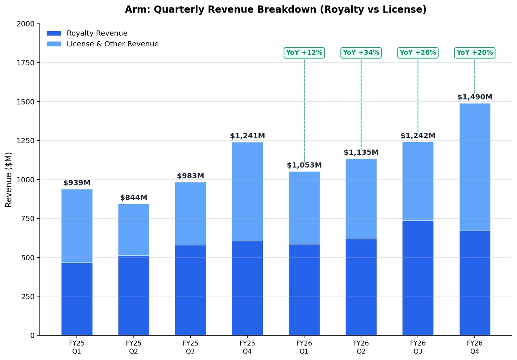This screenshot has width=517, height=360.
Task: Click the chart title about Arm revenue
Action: (x=276, y=10)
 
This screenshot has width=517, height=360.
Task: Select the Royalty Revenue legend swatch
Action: (x=54, y=33)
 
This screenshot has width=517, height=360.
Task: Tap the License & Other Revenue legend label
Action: (x=113, y=44)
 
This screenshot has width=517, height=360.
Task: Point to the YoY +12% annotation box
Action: (x=304, y=53)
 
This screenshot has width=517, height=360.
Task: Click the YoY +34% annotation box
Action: (x=361, y=53)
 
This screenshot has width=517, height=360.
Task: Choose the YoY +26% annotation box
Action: (x=418, y=53)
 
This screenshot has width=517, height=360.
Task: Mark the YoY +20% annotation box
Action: (x=475, y=53)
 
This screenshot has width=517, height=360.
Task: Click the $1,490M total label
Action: (x=475, y=97)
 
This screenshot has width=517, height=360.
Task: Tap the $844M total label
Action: (x=134, y=198)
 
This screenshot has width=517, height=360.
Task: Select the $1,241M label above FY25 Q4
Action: (x=247, y=136)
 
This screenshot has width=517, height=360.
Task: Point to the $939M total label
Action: (x=77, y=183)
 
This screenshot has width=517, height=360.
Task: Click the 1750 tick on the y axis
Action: (x=25, y=63)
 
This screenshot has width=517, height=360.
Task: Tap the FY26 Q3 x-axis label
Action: (x=418, y=347)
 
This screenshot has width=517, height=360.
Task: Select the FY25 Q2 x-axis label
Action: (x=134, y=347)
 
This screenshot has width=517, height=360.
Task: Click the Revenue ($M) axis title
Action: (x=9, y=180)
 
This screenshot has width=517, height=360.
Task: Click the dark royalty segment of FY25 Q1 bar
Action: (x=77, y=299)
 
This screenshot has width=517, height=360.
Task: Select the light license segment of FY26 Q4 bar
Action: (x=475, y=167)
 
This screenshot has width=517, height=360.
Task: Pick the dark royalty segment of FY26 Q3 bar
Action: (x=418, y=278)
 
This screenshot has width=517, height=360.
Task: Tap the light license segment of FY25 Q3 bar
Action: (x=191, y=214)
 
